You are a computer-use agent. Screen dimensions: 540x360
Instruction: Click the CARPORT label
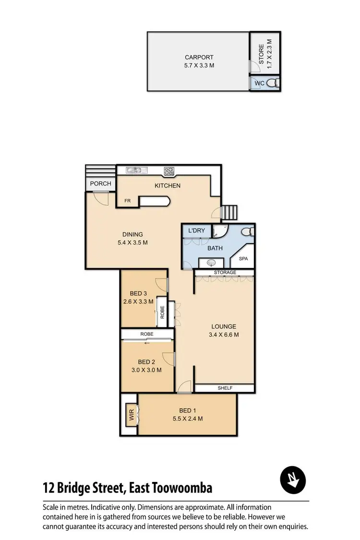(199, 58)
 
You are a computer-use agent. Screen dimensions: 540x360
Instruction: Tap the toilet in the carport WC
(273, 83)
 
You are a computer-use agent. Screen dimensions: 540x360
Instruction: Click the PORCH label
(101, 184)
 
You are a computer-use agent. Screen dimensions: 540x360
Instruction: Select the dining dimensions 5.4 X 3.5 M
(132, 243)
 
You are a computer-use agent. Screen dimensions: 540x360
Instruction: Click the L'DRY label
(197, 231)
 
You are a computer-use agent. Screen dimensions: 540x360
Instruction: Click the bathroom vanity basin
(211, 262)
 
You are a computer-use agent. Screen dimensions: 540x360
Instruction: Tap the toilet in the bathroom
(247, 232)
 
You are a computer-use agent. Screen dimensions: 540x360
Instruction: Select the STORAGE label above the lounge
(225, 272)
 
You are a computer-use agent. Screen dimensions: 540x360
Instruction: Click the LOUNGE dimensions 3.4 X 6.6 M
(224, 335)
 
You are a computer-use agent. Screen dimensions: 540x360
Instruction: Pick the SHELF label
(225, 388)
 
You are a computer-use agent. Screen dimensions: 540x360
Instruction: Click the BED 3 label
(138, 293)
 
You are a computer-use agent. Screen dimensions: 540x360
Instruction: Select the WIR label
(131, 415)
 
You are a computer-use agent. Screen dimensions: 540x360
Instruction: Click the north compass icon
(293, 480)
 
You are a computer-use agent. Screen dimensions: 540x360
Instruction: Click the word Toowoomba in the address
(185, 489)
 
